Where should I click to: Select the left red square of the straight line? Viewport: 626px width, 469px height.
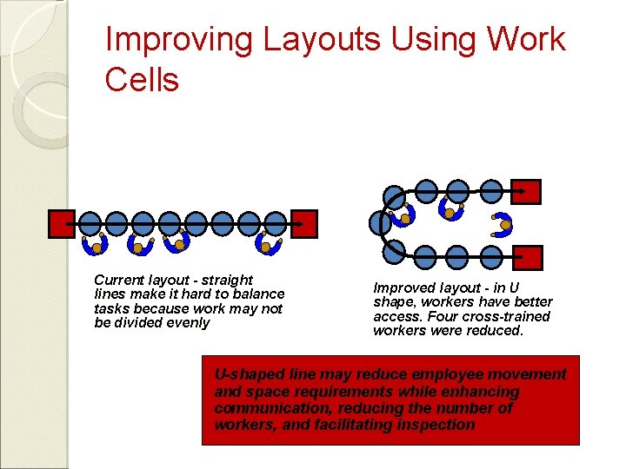click(62, 224)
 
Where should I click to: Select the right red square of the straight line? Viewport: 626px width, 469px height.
click(304, 224)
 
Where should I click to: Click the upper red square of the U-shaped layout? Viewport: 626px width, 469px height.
click(526, 191)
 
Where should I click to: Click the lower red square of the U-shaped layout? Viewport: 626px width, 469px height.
click(527, 258)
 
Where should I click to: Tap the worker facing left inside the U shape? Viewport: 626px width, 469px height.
click(503, 224)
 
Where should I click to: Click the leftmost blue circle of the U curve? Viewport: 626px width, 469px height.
click(381, 223)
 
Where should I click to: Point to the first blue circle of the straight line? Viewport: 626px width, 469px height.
click(90, 223)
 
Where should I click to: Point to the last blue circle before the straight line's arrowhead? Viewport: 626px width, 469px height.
click(275, 223)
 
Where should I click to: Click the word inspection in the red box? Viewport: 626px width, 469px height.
click(438, 425)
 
